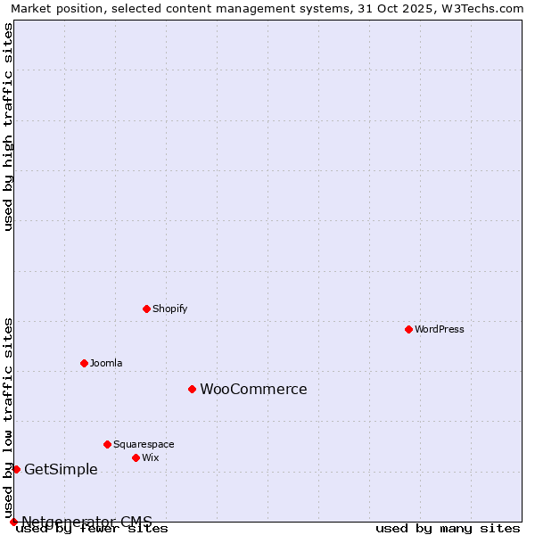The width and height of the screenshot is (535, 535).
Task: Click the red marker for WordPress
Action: [408, 329]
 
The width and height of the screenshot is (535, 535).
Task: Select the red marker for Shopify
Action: [146, 309]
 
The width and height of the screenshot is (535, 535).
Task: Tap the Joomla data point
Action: [84, 363]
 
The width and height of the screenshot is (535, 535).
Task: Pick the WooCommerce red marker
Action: [192, 389]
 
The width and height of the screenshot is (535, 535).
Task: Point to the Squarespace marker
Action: [107, 444]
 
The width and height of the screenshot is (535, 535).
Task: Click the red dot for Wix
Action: [136, 457]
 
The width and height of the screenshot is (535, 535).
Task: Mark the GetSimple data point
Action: [16, 469]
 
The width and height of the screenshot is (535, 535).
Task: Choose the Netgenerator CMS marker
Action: [13, 522]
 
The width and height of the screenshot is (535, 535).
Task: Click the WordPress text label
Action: [440, 329]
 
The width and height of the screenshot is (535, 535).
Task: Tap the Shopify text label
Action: [169, 309]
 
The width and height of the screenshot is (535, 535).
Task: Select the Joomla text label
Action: [106, 363]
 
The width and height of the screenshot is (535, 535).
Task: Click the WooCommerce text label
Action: [253, 389]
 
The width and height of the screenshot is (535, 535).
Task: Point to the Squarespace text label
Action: [144, 444]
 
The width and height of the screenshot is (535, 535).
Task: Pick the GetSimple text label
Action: [61, 470]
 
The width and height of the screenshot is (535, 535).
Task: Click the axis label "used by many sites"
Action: [448, 529]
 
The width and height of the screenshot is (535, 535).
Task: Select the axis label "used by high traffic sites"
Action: [8, 127]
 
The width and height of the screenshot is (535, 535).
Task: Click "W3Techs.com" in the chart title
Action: [487, 8]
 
